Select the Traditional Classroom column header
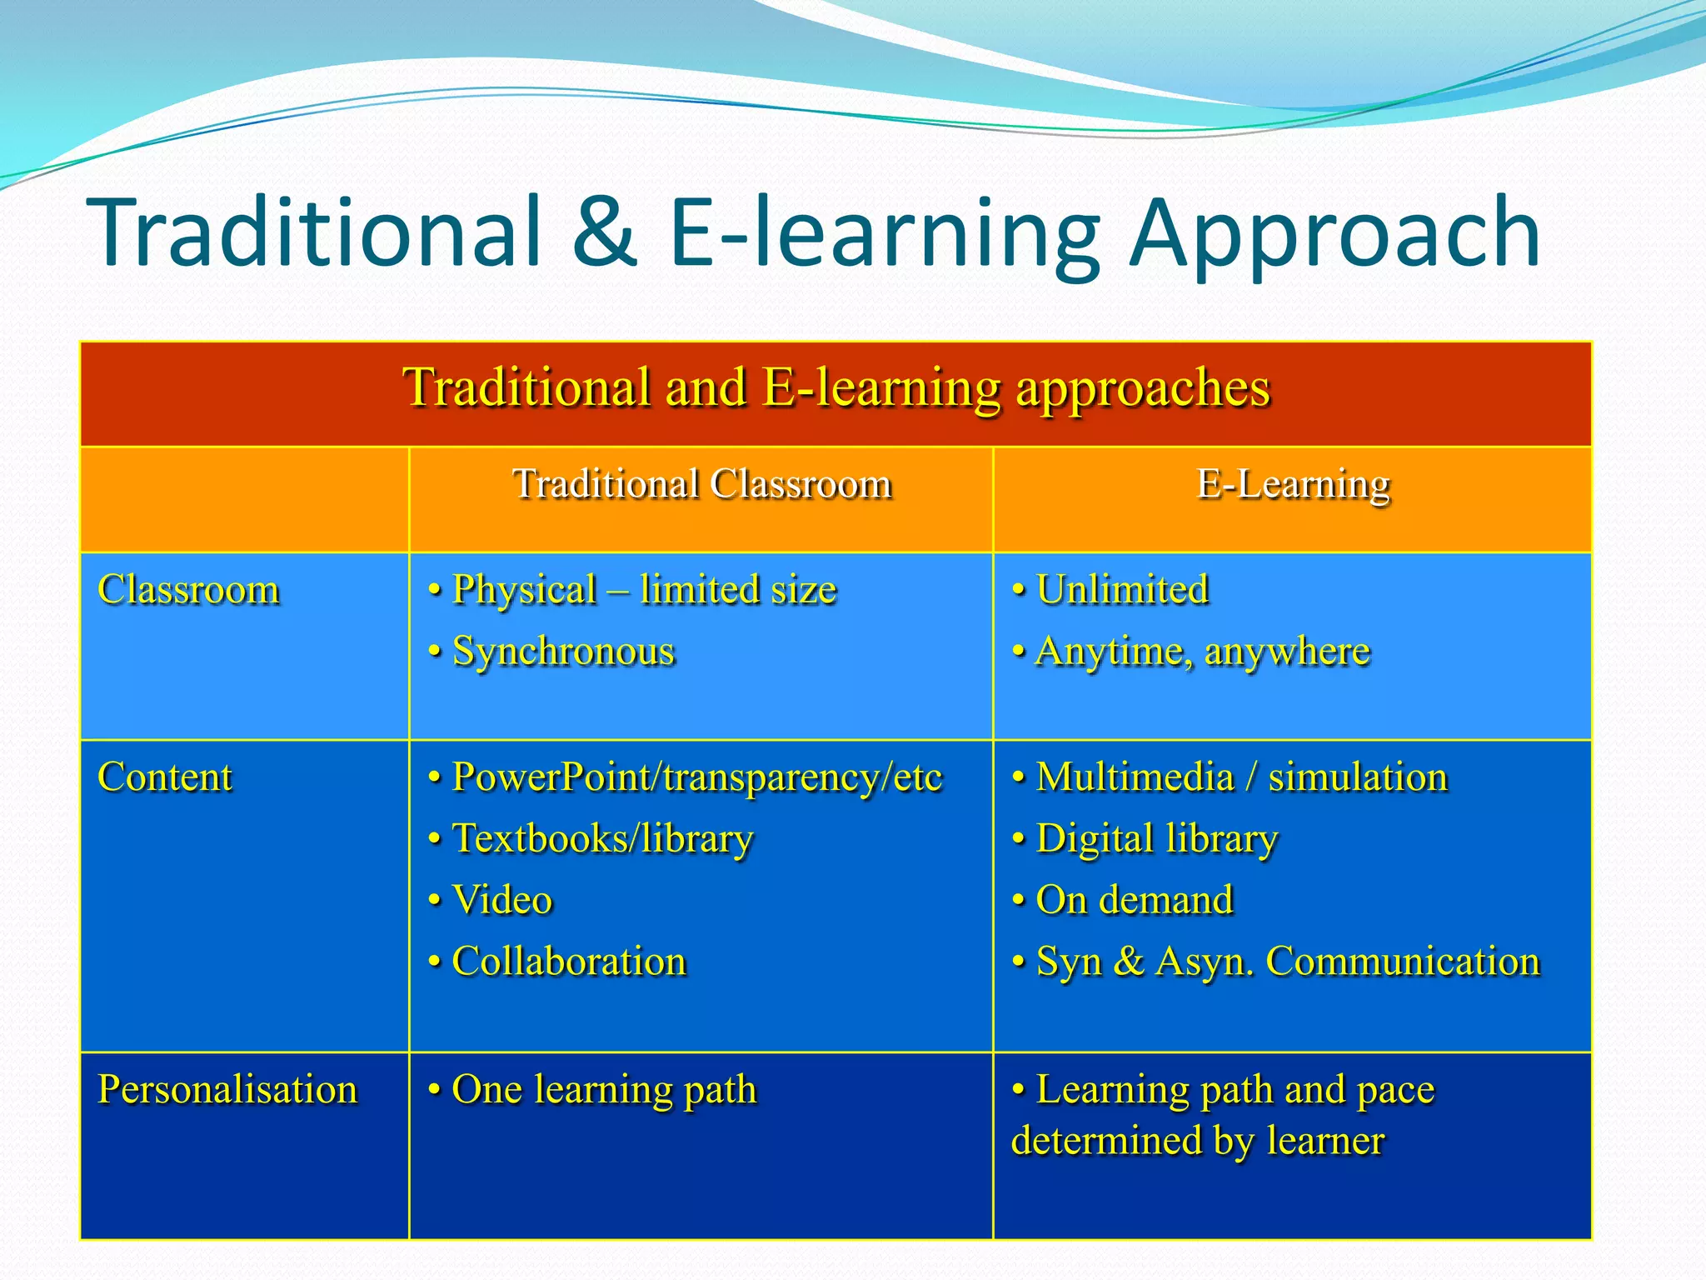[x=701, y=484]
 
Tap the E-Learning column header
[x=1293, y=484]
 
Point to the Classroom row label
[x=188, y=590]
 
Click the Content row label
[x=165, y=777]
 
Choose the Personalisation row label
[x=227, y=1090]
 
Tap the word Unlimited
[x=1122, y=590]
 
